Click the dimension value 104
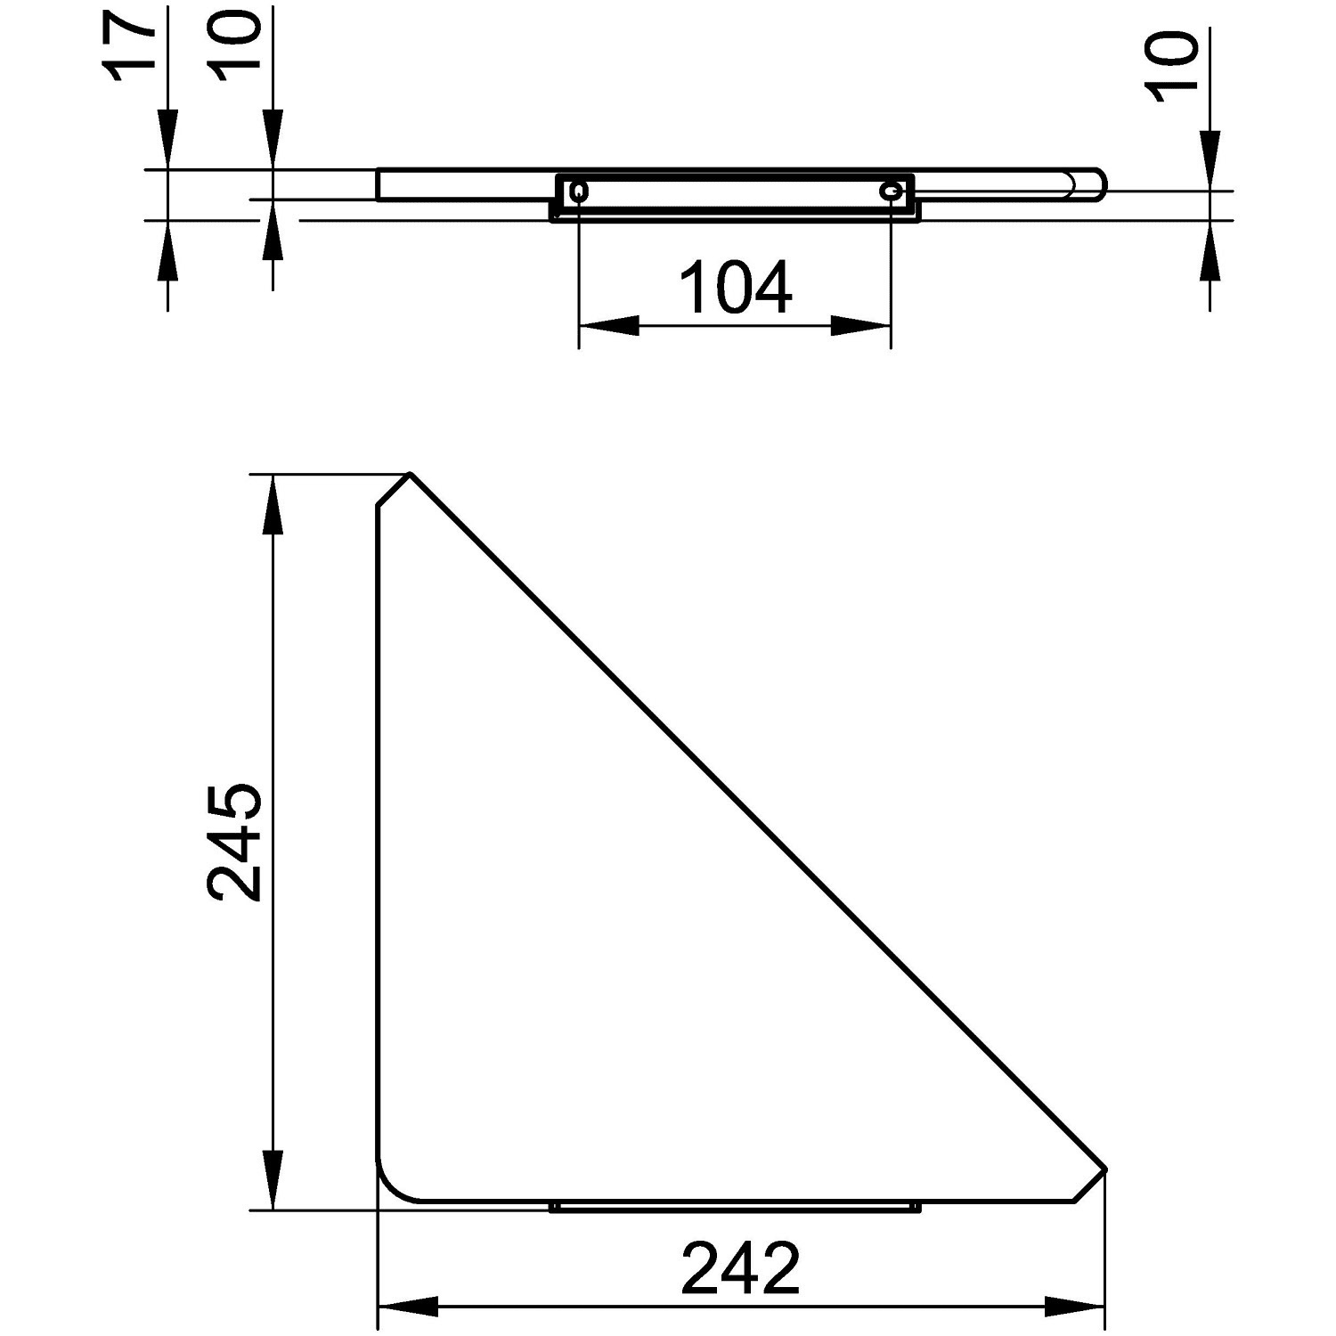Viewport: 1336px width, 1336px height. [x=736, y=287]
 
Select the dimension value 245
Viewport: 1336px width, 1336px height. [x=234, y=843]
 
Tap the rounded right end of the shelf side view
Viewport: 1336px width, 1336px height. [x=1096, y=184]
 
